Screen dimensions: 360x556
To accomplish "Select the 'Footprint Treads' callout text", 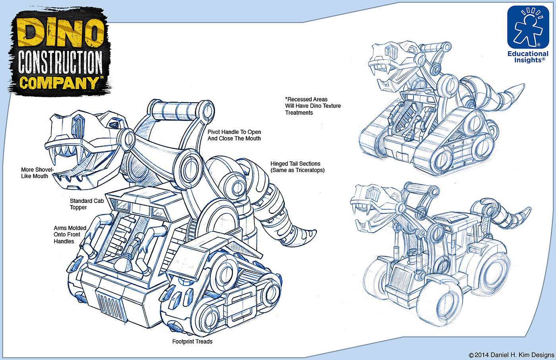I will pos(192,341).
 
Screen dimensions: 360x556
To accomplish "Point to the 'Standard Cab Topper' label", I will pos(87,204).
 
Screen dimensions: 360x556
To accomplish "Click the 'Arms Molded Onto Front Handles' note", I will pos(70,234).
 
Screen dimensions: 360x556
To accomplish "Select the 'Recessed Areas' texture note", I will pos(313,106).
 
